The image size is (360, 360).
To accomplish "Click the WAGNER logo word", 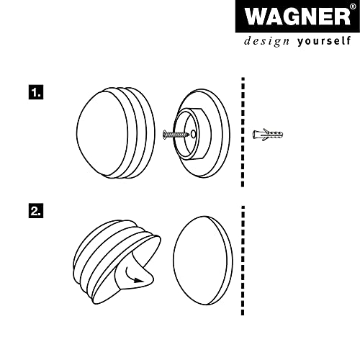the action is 297,17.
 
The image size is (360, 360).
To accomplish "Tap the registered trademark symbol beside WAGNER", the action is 354,6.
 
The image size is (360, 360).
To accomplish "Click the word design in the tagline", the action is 266,41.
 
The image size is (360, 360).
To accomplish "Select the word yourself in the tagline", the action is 324,41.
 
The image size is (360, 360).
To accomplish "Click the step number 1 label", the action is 36,92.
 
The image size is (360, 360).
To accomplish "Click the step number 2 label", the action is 36,211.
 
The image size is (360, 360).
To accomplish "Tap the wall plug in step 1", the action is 268,135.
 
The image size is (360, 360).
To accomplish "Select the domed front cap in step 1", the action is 115,133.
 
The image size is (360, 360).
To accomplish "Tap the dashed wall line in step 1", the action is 243,132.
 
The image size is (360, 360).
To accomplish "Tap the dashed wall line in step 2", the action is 243,261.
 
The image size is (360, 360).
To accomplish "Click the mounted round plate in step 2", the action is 203,261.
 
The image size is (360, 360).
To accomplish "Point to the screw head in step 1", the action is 165,134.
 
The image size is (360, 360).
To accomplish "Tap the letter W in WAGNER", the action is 254,17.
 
